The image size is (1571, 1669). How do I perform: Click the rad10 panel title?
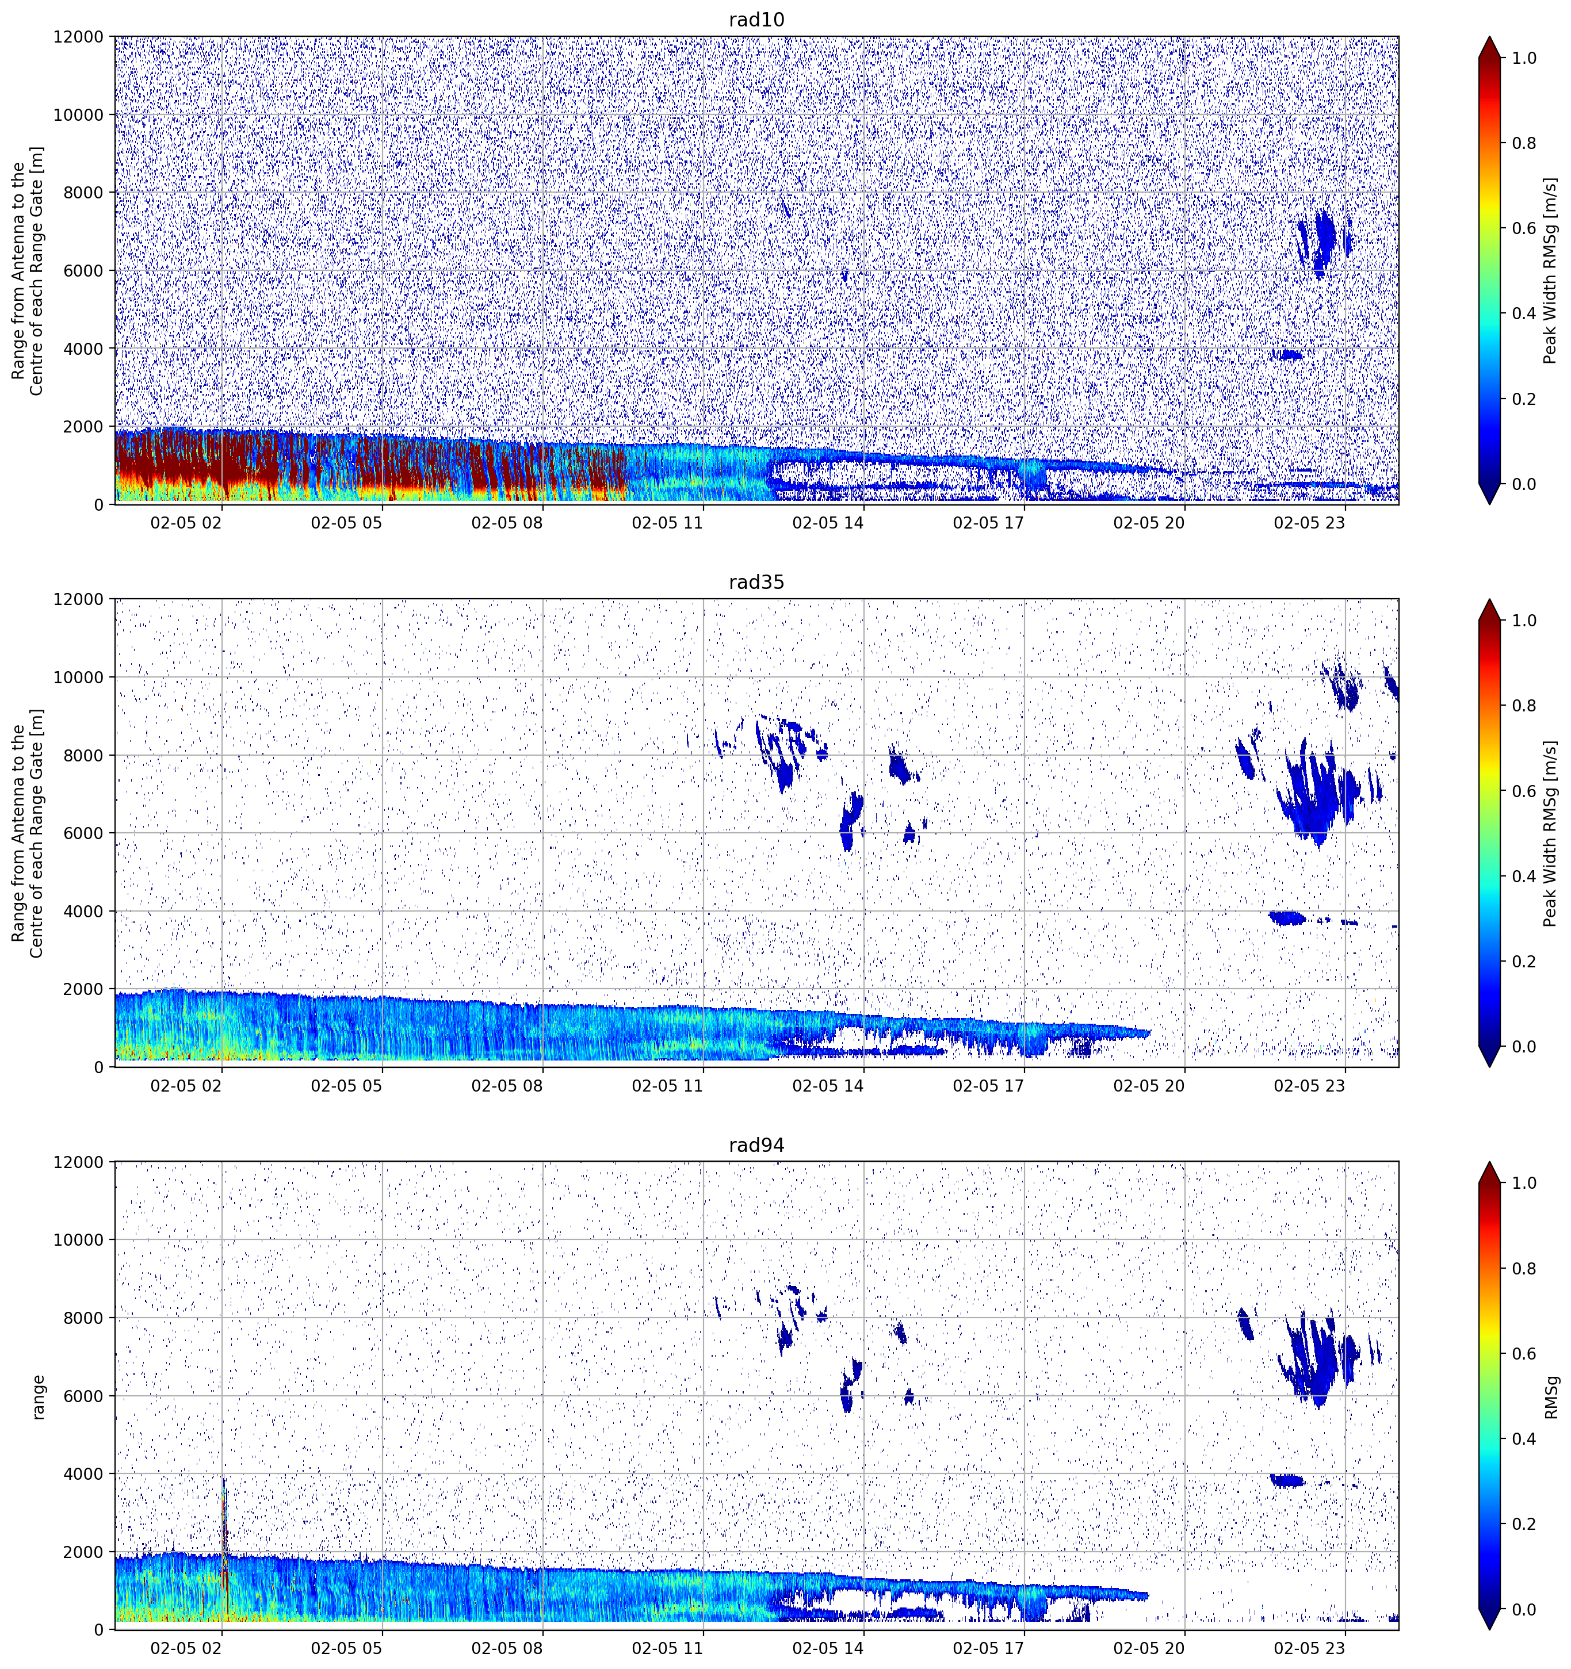(756, 20)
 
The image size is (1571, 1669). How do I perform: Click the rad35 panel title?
(756, 582)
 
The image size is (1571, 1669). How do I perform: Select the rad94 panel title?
(756, 1145)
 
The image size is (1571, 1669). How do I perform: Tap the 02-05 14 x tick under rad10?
(828, 523)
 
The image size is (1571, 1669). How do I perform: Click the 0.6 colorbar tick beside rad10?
(1524, 228)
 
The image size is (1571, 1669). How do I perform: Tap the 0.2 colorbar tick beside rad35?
(1524, 961)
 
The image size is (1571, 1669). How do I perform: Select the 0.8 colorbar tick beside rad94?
(1524, 1269)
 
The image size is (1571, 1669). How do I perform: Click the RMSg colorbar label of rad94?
(1551, 1396)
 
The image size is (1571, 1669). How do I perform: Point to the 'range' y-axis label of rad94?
(38, 1396)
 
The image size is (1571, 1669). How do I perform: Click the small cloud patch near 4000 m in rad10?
(1287, 354)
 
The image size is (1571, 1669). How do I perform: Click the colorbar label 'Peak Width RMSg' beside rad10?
(1551, 270)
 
